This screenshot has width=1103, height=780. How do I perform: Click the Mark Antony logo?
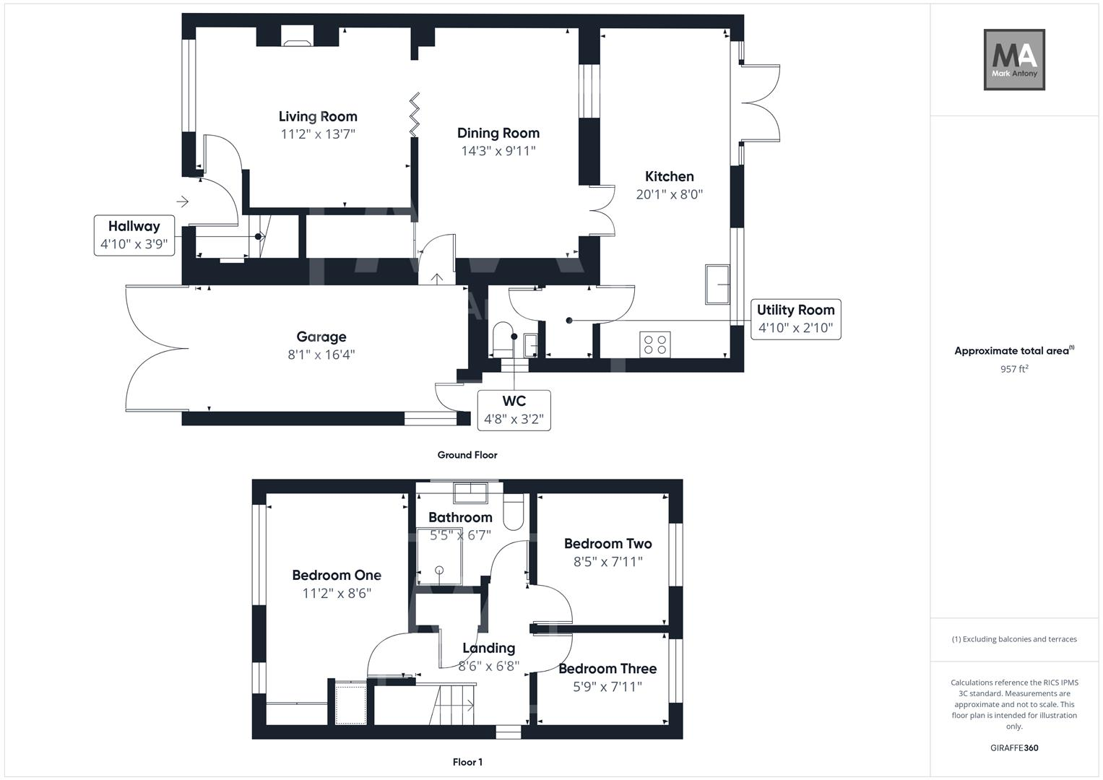point(1014,60)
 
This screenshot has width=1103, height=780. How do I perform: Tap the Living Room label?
point(318,116)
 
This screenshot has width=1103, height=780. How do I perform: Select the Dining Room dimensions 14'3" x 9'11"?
point(498,151)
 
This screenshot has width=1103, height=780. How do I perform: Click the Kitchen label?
point(669,176)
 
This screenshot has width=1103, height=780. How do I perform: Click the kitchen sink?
point(717,284)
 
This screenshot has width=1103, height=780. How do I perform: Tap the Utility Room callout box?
point(795,318)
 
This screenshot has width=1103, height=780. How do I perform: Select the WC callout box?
point(514,410)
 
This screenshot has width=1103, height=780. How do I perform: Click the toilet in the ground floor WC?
point(502,338)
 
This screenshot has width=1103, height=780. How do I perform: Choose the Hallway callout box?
point(134,235)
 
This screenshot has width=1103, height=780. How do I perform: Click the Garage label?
point(321,337)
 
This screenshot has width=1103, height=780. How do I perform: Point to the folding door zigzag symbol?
point(415,114)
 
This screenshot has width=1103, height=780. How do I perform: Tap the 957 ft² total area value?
point(1014,369)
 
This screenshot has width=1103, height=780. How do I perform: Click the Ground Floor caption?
point(467,455)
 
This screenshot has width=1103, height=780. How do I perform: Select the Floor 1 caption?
point(467,762)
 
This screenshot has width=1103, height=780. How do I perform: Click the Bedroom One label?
point(337,575)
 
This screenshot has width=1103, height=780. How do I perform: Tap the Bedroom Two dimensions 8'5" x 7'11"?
point(607,561)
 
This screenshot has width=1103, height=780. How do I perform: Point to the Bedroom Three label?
point(607,669)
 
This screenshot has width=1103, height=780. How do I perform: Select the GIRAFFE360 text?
point(1014,747)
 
